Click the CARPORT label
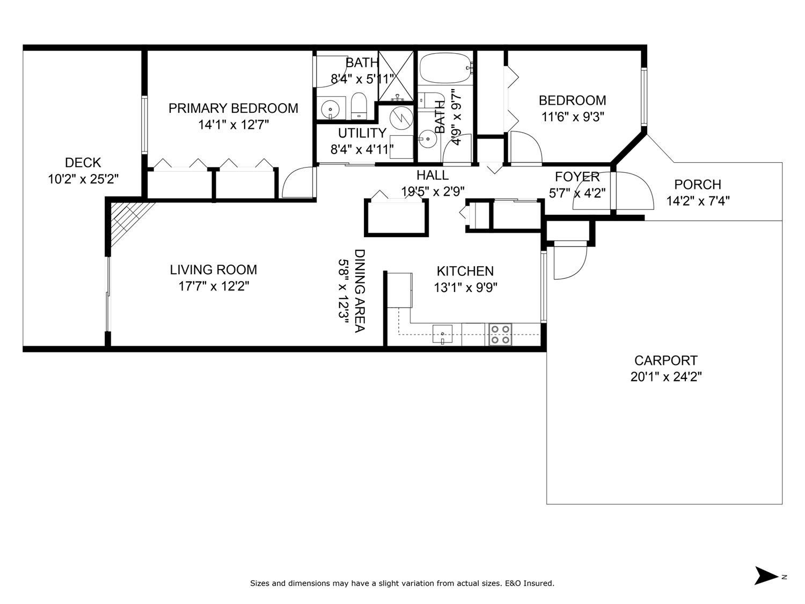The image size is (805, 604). point(665,360)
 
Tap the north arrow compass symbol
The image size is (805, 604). point(766,576)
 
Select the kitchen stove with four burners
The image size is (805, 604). point(500,334)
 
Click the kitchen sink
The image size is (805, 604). point(443,333)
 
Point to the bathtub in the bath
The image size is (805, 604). point(446,68)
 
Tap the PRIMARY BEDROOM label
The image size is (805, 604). point(233,108)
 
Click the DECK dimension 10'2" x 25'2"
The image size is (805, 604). point(83,179)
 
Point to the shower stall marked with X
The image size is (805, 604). point(397,75)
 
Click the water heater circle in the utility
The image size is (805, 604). point(399,118)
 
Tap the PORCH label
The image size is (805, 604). point(697,185)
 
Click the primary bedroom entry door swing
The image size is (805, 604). point(297,183)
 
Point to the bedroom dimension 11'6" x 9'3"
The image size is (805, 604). point(572,117)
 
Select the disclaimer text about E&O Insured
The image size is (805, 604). point(402,583)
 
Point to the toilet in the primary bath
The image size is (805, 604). point(358,105)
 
